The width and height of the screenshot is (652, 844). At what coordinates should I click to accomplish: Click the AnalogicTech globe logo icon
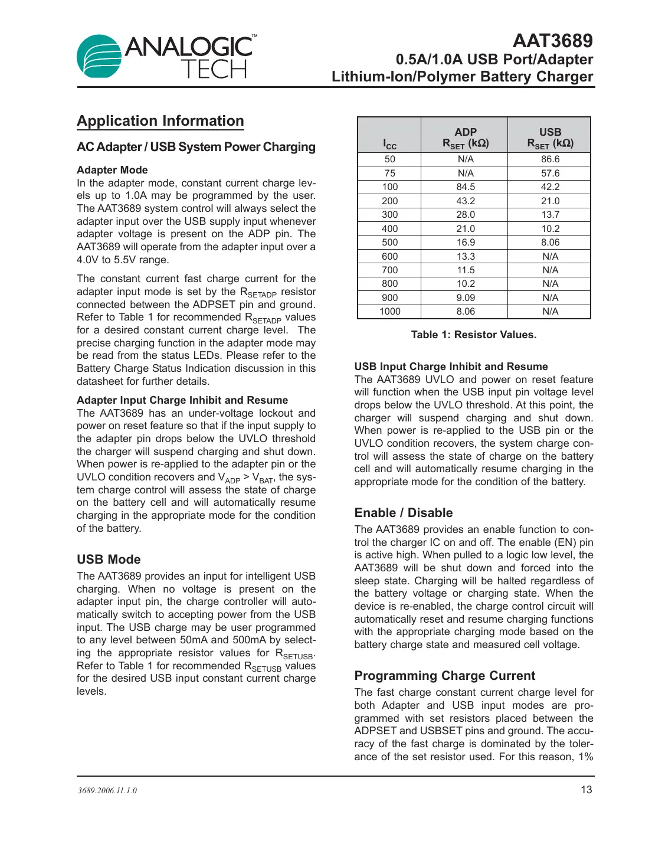[99, 56]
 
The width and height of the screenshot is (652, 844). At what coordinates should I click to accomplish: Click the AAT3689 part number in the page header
[552, 41]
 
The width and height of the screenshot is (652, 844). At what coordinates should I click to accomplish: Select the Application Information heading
[160, 121]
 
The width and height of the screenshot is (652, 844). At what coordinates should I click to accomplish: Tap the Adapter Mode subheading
[112, 170]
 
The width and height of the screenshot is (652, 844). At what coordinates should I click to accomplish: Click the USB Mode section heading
[109, 560]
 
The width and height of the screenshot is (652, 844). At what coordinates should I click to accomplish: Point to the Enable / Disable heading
[404, 513]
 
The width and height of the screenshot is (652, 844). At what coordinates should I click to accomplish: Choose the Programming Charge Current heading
[444, 676]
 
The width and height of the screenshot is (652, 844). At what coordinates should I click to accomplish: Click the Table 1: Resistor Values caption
[473, 335]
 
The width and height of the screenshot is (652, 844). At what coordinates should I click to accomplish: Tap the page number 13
[586, 790]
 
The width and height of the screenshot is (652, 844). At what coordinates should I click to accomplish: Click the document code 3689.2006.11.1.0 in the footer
[107, 790]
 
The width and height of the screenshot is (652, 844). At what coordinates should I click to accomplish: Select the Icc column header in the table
[389, 143]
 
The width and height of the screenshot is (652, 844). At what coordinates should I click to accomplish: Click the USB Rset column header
[550, 138]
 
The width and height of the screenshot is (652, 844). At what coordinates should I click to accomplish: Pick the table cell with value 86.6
[550, 159]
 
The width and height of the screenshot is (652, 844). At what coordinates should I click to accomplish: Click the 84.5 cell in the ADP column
[465, 187]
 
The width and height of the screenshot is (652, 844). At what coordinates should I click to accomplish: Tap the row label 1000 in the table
[389, 312]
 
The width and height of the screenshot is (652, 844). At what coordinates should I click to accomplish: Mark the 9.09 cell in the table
[465, 298]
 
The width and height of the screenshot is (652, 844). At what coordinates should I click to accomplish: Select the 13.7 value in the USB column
[550, 215]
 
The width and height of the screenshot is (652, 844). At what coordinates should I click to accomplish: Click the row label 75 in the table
[389, 174]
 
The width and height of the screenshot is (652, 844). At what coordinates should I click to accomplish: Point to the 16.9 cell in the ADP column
[465, 243]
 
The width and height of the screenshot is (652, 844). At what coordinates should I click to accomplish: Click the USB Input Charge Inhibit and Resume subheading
[451, 367]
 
